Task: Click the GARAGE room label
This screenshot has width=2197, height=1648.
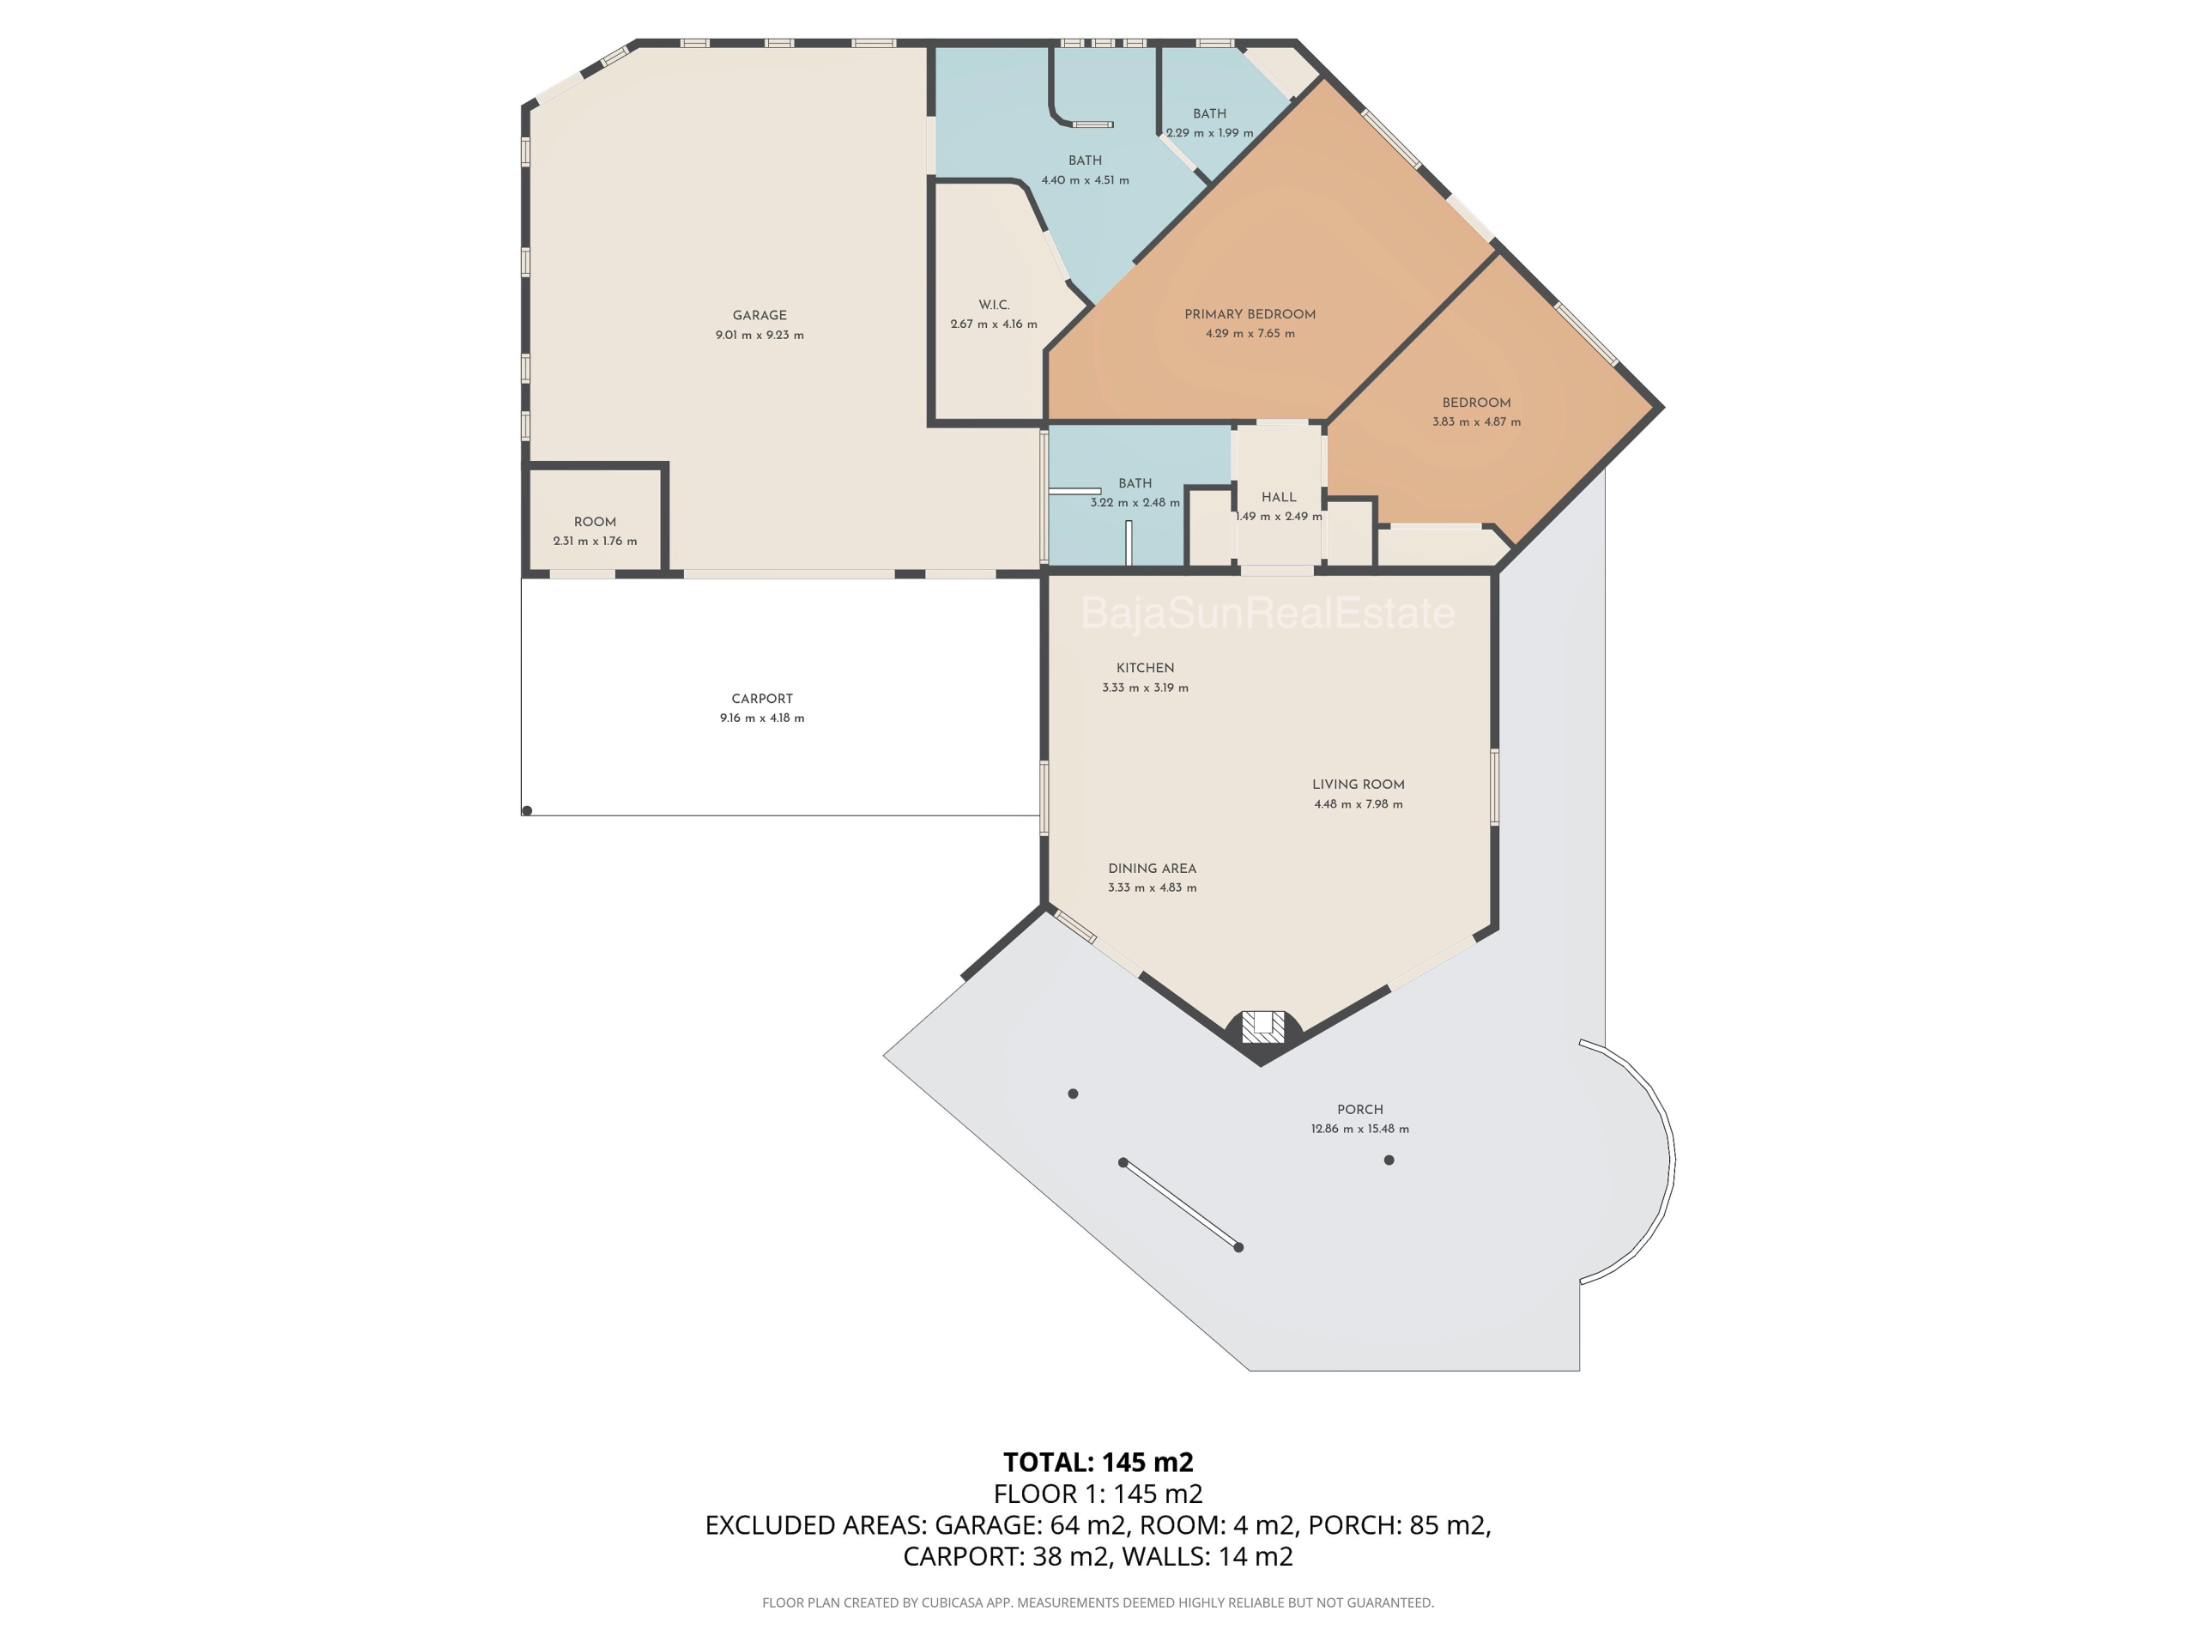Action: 760,315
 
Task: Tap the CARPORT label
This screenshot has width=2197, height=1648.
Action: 762,699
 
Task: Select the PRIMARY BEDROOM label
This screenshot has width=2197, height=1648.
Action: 1250,314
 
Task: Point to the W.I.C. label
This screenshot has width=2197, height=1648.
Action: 993,305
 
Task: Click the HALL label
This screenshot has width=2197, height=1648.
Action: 1278,498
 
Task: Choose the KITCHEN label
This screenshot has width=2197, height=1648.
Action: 1145,669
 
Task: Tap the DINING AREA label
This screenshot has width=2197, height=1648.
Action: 1152,869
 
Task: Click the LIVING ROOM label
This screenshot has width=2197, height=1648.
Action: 1358,785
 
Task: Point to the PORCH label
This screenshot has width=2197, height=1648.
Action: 1359,1110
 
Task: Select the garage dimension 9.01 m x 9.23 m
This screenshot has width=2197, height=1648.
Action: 760,335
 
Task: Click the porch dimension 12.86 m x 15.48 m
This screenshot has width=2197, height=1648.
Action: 1359,1129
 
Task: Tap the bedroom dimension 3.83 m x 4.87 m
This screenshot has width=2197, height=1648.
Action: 1476,421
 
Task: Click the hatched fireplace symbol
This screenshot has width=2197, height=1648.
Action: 1262,1027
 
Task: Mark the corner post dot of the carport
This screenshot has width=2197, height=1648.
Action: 528,810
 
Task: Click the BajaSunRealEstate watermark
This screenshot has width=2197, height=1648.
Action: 1268,613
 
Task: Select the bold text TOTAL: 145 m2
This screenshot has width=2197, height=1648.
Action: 1098,1463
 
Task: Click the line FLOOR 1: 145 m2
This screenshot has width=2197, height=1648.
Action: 1098,1494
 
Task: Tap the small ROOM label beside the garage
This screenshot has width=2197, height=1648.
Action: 595,523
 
